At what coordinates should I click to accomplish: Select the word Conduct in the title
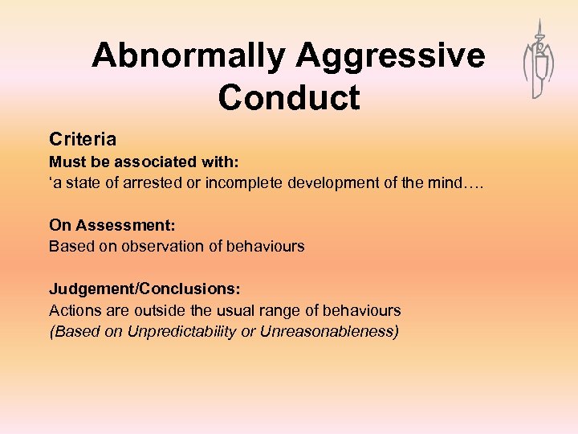(288, 99)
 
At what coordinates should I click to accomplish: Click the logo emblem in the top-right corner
(538, 60)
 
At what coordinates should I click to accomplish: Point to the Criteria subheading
(83, 139)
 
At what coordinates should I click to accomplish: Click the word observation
(154, 246)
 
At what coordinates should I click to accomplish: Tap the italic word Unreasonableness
(329, 331)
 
